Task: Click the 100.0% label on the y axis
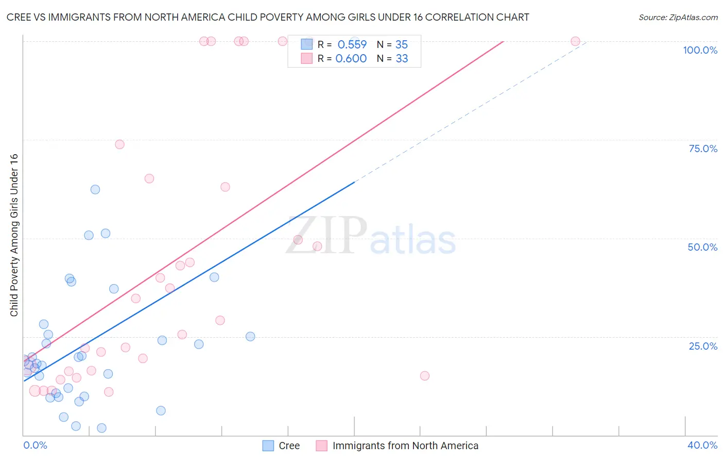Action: coord(700,50)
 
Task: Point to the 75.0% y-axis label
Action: coord(703,149)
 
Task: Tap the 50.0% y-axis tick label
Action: coord(702,247)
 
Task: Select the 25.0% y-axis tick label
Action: coord(703,346)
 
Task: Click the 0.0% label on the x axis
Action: coord(36,445)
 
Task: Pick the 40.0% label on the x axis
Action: coord(702,445)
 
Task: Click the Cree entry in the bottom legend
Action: coord(289,446)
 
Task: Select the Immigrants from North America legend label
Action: coord(405,446)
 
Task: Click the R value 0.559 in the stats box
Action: coord(352,45)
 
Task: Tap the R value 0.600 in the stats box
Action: coord(351,59)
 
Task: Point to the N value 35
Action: coord(402,45)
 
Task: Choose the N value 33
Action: coord(402,59)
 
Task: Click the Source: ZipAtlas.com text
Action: coord(678,18)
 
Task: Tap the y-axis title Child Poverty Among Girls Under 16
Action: coord(14,235)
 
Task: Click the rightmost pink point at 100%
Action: coord(575,41)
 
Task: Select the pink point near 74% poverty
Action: coord(119,144)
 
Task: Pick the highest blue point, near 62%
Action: coord(95,189)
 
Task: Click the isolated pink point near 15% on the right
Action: coord(425,375)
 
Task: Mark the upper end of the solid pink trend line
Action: coord(503,41)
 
